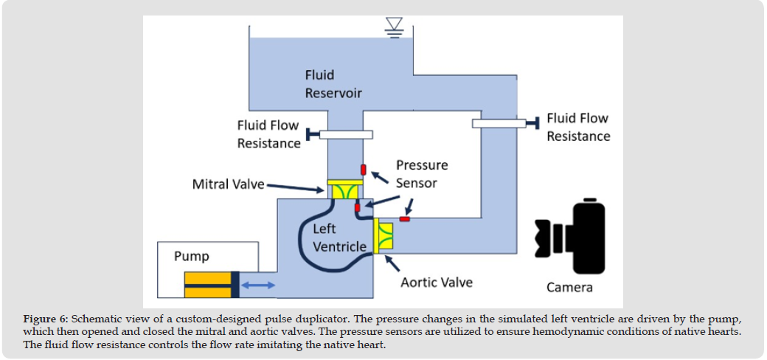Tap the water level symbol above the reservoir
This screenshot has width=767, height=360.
click(x=395, y=28)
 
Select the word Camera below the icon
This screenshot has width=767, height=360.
click(x=569, y=287)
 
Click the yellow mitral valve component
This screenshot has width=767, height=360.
click(x=344, y=190)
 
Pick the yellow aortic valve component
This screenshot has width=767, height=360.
click(x=384, y=236)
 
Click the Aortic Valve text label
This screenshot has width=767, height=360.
click(x=437, y=282)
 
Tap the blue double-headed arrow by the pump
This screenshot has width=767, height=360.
click(x=258, y=285)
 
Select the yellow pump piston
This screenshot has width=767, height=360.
click(x=208, y=285)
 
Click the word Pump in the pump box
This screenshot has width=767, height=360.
click(x=192, y=257)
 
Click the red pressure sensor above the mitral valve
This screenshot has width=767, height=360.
click(x=364, y=169)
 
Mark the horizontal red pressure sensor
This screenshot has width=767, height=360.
click(x=405, y=218)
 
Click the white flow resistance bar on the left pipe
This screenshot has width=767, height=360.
click(x=346, y=134)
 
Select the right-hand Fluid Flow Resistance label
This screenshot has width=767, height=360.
click(x=578, y=127)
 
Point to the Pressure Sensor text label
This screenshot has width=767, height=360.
click(x=422, y=173)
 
